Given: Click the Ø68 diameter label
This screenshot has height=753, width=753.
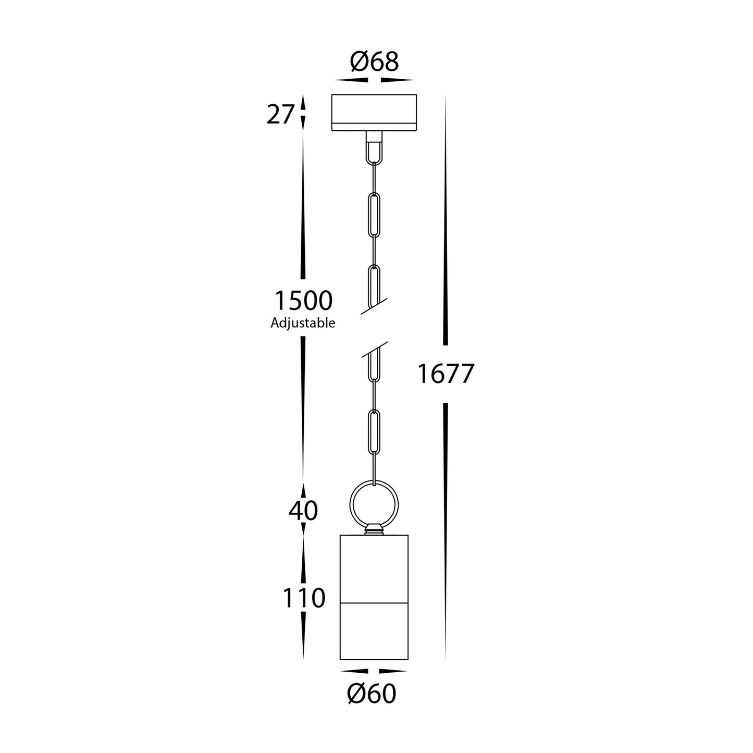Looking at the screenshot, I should click(374, 62).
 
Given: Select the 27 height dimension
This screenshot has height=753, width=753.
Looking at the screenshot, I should click(280, 115).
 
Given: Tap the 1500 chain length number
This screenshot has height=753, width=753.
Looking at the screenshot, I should click(303, 301).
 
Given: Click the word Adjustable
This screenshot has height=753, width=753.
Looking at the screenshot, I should click(303, 323).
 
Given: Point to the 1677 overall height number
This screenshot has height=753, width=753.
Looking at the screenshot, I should click(446, 374).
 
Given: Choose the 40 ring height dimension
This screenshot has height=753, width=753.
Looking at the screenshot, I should click(303, 511).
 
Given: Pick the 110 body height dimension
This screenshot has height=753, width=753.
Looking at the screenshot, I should click(304, 598).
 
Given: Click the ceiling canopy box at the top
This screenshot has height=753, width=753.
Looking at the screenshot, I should click(374, 112).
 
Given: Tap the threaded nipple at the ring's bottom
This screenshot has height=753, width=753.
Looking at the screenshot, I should click(374, 530).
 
